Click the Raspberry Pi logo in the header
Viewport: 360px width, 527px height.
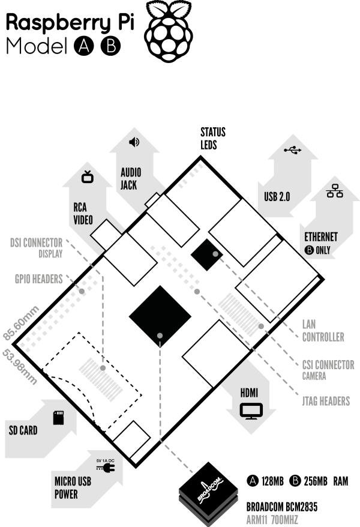168,31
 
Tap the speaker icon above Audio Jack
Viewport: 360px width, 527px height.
134,142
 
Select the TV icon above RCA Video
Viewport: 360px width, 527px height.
88,177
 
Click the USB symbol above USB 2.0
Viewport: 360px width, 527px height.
293,150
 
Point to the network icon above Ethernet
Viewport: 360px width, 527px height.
334,190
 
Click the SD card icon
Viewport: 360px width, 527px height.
58,417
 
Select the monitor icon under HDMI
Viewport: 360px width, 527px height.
251,411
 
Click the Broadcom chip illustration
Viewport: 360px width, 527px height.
208,493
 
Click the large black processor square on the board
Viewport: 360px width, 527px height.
160,316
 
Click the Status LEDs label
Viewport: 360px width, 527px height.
213,139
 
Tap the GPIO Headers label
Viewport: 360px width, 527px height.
39,279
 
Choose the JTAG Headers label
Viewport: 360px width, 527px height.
326,401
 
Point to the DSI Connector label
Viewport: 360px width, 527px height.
36,242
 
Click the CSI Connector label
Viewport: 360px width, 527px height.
328,365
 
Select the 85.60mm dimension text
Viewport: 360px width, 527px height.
21,324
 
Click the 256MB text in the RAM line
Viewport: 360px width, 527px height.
316,481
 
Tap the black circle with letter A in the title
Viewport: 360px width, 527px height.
84,46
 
